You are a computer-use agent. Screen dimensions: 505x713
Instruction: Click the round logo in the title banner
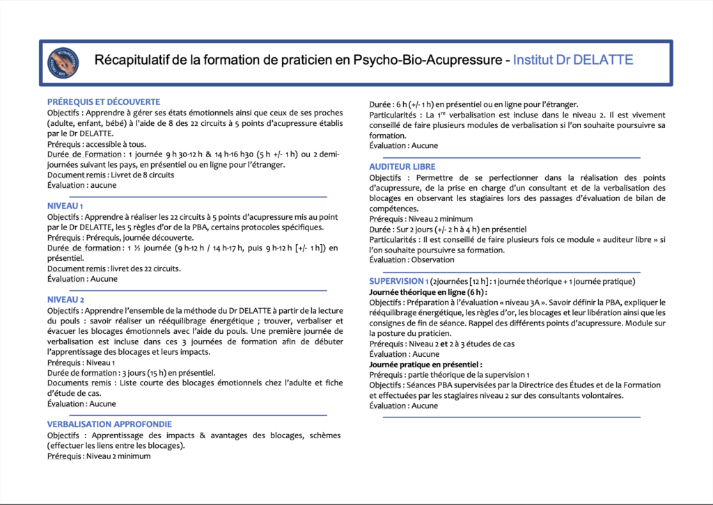coord(63,62)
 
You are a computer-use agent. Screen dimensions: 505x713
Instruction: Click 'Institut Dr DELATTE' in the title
coord(573,61)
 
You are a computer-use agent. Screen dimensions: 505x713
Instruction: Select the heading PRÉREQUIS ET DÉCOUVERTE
coord(104,102)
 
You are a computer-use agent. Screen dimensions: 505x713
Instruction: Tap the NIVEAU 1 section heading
coord(65,205)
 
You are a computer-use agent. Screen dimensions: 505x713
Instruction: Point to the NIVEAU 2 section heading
coord(65,299)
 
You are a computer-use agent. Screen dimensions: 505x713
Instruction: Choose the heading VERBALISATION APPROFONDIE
coord(109,424)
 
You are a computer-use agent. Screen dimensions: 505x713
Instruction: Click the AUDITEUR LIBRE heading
coord(402,167)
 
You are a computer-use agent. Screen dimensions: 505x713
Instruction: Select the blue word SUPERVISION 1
coord(398,281)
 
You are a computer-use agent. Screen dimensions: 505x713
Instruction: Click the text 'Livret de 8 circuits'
coord(141,175)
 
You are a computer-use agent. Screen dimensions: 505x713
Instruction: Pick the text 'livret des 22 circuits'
coord(141,268)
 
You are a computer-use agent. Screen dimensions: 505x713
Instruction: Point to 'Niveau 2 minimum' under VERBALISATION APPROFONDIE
coord(118,456)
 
